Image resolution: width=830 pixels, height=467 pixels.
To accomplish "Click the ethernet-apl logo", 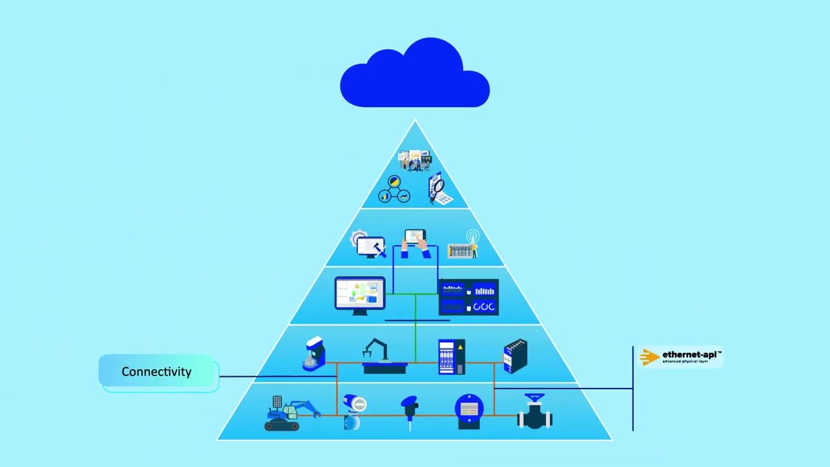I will (x=681, y=357).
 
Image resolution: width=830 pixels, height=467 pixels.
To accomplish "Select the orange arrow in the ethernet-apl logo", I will (x=649, y=357).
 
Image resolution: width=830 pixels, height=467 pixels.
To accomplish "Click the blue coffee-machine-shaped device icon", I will (x=314, y=354).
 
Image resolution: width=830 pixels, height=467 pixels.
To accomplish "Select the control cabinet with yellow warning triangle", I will (x=451, y=357).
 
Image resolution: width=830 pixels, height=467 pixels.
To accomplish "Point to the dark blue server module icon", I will (x=516, y=356).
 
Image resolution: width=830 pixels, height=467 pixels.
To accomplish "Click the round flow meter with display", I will (x=468, y=411).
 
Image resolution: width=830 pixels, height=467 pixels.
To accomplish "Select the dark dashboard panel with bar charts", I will (x=469, y=297).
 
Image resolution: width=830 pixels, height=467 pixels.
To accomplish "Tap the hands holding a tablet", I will (x=415, y=244).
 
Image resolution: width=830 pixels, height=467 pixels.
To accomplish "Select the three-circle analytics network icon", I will (x=394, y=189).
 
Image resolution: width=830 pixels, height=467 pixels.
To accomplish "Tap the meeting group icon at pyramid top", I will (x=415, y=160).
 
